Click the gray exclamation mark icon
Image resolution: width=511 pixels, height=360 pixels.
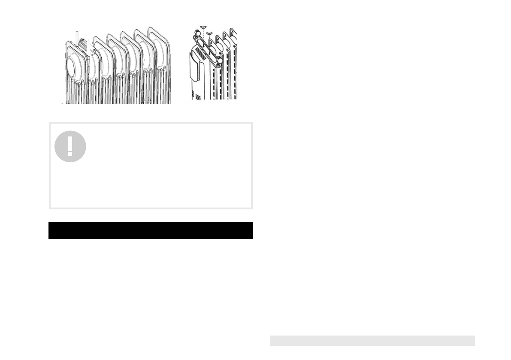click(70, 146)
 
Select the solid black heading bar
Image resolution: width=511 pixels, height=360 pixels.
click(151, 230)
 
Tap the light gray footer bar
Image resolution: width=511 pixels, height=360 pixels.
click(372, 340)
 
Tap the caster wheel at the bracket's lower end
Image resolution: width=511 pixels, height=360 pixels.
click(220, 61)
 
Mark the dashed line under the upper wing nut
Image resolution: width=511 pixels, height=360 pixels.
click(203, 34)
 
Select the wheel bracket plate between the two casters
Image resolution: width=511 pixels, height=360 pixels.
click(209, 47)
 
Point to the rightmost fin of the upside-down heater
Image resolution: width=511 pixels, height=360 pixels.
click(234, 64)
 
